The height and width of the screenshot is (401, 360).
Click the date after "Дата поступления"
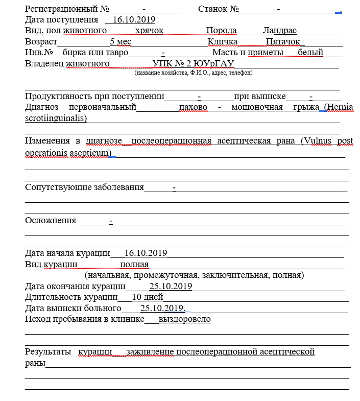133,20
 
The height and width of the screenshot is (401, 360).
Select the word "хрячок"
150,31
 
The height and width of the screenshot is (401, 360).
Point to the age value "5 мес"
121,41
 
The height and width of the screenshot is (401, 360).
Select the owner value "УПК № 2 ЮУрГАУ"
193,63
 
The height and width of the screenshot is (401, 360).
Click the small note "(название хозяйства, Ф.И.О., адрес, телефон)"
194,73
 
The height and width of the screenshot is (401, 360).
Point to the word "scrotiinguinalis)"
56,118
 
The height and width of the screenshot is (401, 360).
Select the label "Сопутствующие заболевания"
84,187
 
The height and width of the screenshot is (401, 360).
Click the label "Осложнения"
51,221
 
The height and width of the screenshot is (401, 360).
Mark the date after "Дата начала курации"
146,253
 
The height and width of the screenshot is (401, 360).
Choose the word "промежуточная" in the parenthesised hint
173,275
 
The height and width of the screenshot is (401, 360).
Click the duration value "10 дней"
148,297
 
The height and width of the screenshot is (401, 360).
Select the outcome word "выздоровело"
185,319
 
